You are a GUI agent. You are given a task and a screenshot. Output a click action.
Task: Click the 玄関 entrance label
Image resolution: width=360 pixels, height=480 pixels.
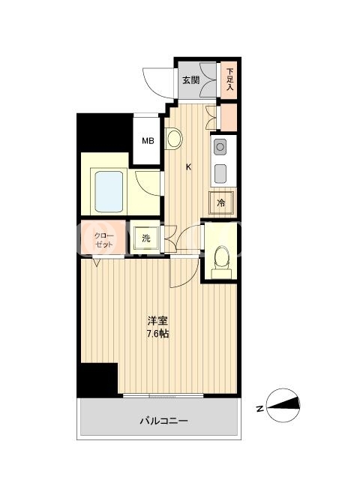point(191,80)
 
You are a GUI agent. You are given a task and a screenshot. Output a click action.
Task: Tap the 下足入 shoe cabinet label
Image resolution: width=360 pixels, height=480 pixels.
point(229,79)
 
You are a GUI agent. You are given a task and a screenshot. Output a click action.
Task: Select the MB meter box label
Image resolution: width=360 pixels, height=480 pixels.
point(148,141)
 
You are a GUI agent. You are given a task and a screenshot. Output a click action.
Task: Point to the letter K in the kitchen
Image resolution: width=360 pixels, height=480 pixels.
point(189,167)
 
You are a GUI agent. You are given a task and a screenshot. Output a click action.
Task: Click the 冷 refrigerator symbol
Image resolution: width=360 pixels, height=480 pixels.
point(221,202)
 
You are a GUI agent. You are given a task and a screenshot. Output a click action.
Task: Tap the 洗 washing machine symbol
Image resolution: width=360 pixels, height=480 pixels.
point(146,238)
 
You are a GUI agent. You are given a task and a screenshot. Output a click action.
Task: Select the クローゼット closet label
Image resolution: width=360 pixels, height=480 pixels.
point(104,240)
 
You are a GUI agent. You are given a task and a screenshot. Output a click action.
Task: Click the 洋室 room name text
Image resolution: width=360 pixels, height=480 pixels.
point(157,321)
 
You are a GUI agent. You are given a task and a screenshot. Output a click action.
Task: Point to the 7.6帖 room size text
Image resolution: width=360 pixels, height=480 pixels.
point(157,334)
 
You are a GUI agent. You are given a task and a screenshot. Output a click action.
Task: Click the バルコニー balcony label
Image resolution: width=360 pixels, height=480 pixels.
point(163,421)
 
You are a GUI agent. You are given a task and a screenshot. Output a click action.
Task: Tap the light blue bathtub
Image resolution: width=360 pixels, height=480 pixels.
point(109,192)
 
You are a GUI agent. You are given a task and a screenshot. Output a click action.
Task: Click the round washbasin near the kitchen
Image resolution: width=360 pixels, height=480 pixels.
point(174,138)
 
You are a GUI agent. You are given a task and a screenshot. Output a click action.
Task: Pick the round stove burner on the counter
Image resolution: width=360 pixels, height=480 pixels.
point(220,147)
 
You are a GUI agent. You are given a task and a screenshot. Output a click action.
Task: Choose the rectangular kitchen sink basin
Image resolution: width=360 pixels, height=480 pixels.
point(220,173)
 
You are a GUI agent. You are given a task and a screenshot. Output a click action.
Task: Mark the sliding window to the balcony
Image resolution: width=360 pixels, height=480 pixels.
point(163,395)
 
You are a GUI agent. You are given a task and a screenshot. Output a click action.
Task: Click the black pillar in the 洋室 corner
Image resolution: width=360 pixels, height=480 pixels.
point(97,380)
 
